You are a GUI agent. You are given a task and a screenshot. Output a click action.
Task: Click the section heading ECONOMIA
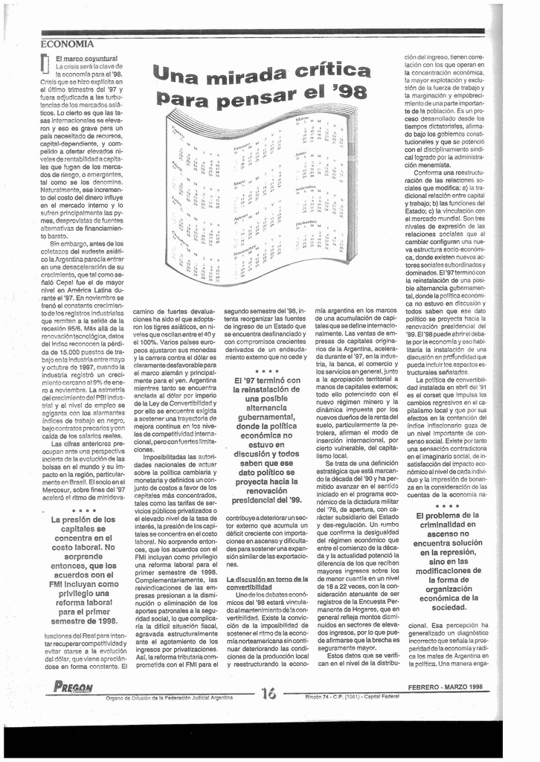click(x=67, y=45)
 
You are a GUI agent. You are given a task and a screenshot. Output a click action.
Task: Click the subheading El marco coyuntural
click(x=86, y=58)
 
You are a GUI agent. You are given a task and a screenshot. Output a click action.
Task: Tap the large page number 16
click(x=269, y=693)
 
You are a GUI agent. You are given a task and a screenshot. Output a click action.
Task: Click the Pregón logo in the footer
click(x=73, y=688)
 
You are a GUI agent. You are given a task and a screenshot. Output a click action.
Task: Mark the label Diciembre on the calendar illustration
click(x=308, y=222)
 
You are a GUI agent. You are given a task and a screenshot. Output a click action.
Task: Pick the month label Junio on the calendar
click(x=300, y=154)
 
